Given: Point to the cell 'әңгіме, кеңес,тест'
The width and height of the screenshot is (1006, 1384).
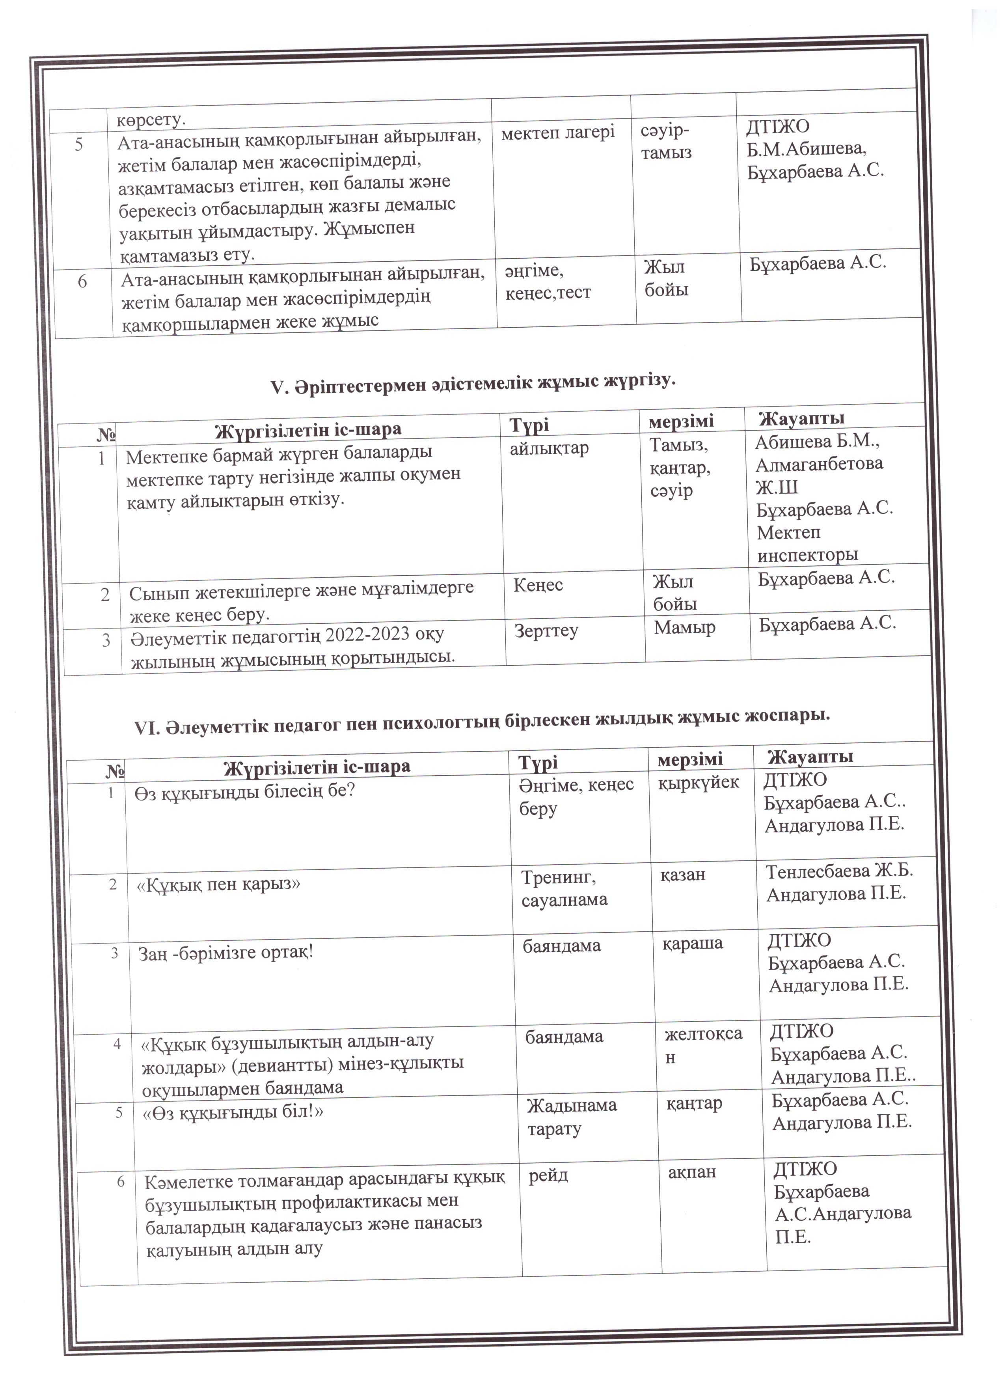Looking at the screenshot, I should click(x=547, y=281).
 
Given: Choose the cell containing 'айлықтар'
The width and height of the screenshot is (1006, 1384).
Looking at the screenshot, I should click(x=549, y=449).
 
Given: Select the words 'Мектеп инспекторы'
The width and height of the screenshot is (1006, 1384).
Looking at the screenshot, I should click(x=807, y=544).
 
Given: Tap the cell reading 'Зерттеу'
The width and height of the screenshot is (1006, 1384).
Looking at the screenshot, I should click(x=546, y=630).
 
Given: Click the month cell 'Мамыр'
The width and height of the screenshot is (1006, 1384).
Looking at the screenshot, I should click(x=684, y=627).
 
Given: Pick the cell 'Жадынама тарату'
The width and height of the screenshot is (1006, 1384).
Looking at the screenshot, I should click(x=571, y=1116).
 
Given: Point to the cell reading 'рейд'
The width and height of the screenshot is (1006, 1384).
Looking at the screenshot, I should click(x=548, y=1175).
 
